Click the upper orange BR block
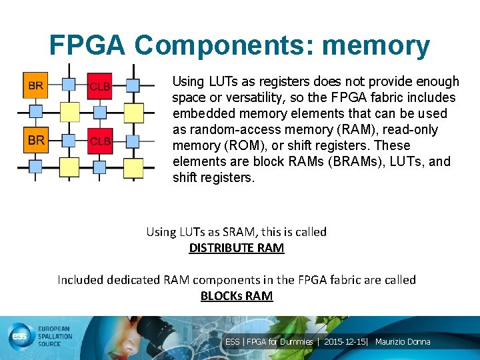[x=36, y=85]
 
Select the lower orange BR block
[x=36, y=140]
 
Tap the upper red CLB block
[x=100, y=85]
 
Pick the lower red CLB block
[x=100, y=141]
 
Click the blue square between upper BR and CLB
[x=69, y=85]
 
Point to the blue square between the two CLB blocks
[x=100, y=112]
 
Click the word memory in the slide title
[x=375, y=45]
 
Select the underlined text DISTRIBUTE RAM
[x=237, y=248]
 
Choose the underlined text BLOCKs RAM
[x=237, y=296]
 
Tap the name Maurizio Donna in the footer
[x=403, y=342]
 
